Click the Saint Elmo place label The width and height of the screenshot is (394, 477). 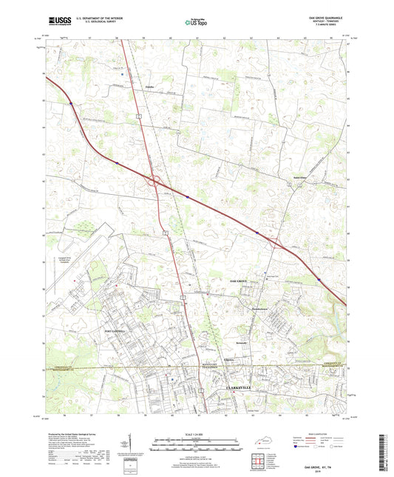click(x=299, y=177)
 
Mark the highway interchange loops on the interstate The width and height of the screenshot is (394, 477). click(x=155, y=179)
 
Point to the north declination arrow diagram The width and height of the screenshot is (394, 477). click(x=132, y=443)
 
